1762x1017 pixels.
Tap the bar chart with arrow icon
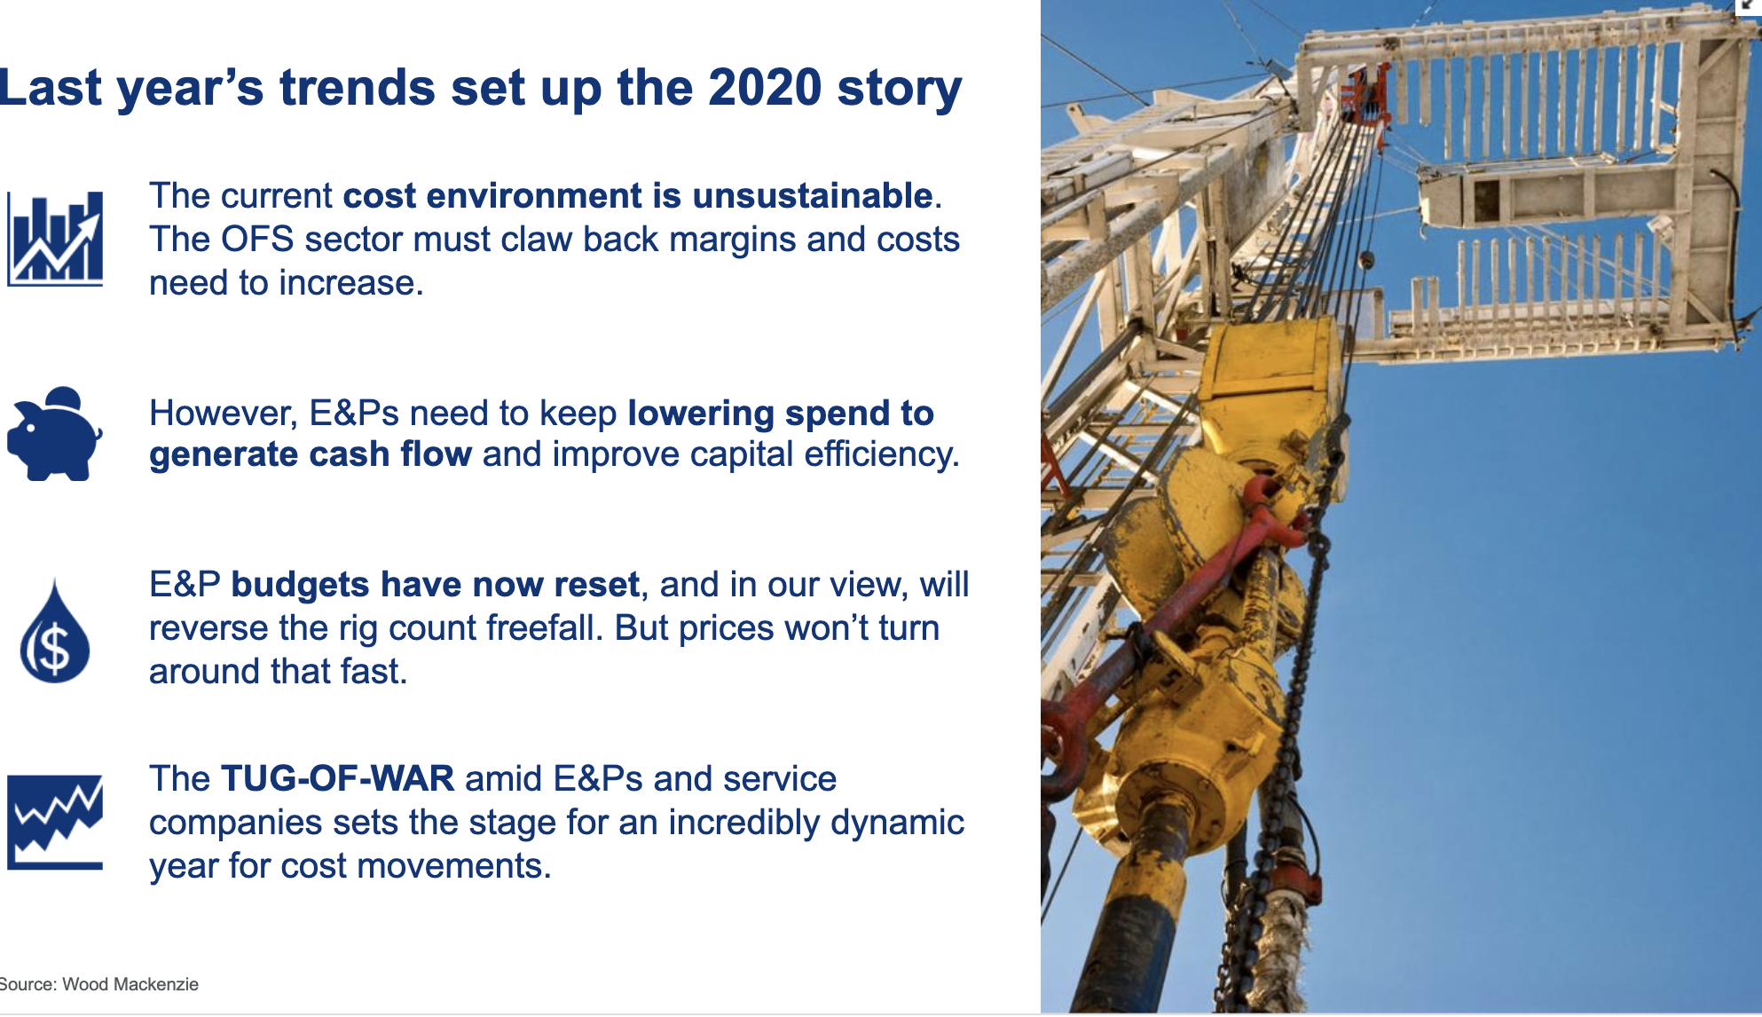(x=55, y=239)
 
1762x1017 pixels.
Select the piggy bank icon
(x=55, y=434)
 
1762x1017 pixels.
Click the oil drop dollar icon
(x=55, y=631)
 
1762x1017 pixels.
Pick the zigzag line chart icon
(x=55, y=822)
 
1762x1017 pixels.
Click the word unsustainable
(x=813, y=195)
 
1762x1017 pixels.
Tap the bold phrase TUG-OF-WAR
(x=337, y=778)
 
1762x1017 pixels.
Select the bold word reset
(x=597, y=585)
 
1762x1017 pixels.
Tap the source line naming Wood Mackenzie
(x=98, y=984)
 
